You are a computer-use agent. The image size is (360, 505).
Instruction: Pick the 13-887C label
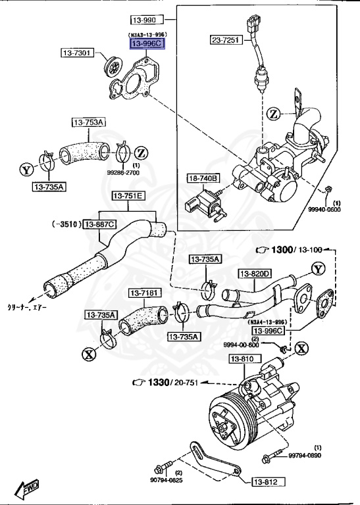tap(99, 224)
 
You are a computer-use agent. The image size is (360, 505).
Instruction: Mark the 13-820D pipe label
tap(255, 274)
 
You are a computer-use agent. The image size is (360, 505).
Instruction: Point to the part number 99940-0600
tap(324, 210)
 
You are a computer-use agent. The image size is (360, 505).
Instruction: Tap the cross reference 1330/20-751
tap(170, 383)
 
